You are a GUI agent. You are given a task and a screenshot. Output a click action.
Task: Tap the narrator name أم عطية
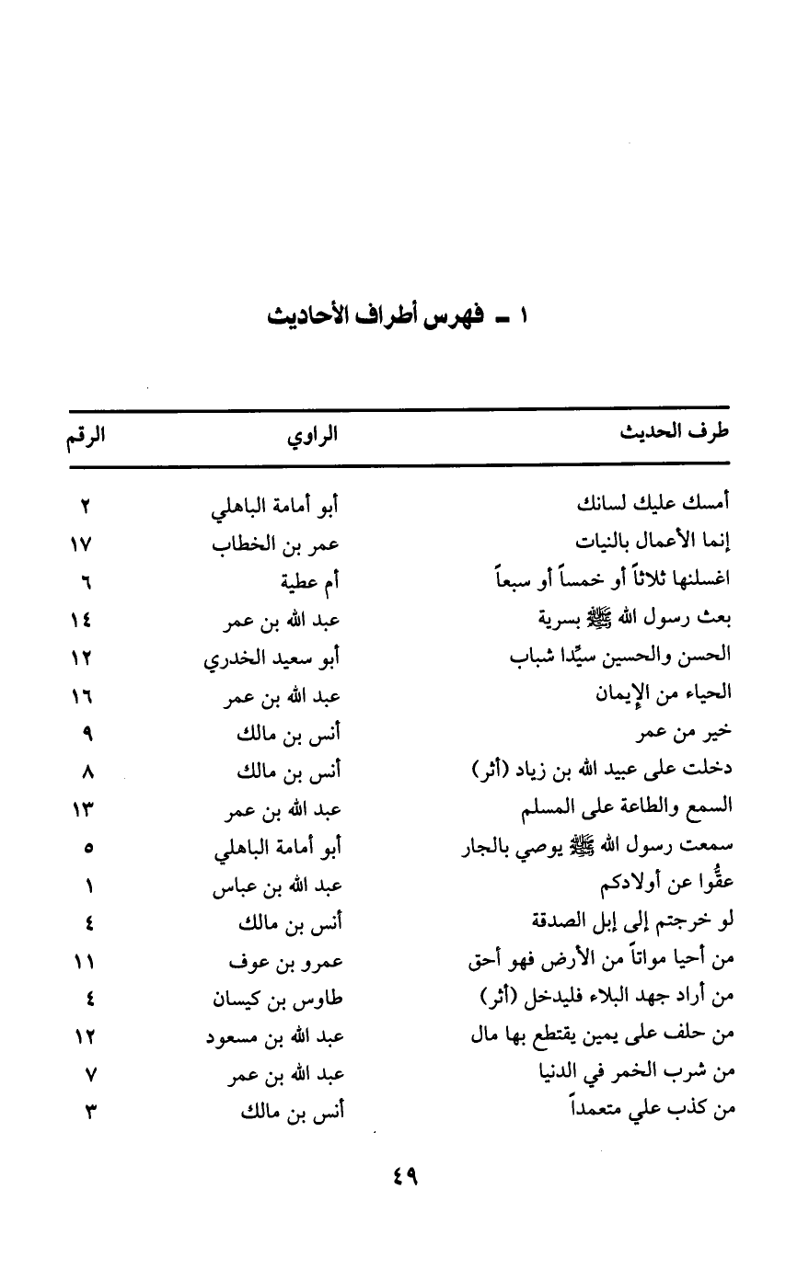click(311, 582)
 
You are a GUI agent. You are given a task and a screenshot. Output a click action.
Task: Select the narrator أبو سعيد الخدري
click(273, 658)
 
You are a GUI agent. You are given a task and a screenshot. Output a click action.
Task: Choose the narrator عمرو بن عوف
click(285, 962)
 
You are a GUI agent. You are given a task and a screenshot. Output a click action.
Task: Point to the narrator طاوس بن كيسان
click(276, 999)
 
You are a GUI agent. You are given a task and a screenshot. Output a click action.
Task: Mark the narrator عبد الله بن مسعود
click(273, 1037)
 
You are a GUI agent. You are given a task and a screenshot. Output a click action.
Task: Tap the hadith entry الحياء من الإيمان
click(665, 695)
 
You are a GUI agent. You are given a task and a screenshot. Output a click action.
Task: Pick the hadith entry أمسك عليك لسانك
click(654, 505)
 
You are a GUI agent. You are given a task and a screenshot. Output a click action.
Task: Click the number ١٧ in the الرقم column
click(82, 543)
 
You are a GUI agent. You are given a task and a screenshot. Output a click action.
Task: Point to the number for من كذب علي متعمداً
click(90, 1113)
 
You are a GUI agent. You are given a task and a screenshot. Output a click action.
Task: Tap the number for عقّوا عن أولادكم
click(91, 886)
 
